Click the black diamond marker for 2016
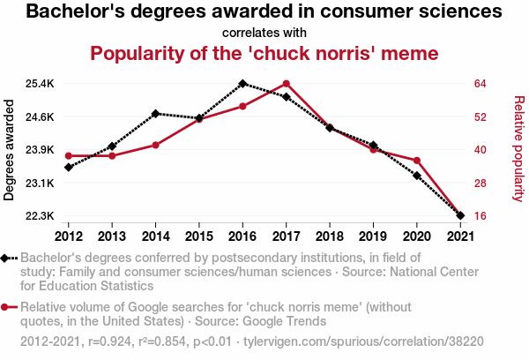pos(242,84)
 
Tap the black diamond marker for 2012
pos(69,167)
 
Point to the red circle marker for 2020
pos(416,161)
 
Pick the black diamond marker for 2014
pos(155,114)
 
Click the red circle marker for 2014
pos(155,145)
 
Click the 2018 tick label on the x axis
pos(329,236)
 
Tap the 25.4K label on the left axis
pos(41,84)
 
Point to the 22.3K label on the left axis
pos(41,216)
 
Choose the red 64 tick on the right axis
pos(480,84)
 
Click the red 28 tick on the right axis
pos(480,184)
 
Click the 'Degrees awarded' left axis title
pos(10,150)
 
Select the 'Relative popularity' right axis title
pos(518,150)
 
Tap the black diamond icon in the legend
pos(7,258)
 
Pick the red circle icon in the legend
pos(7,307)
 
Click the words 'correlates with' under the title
pos(264,34)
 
